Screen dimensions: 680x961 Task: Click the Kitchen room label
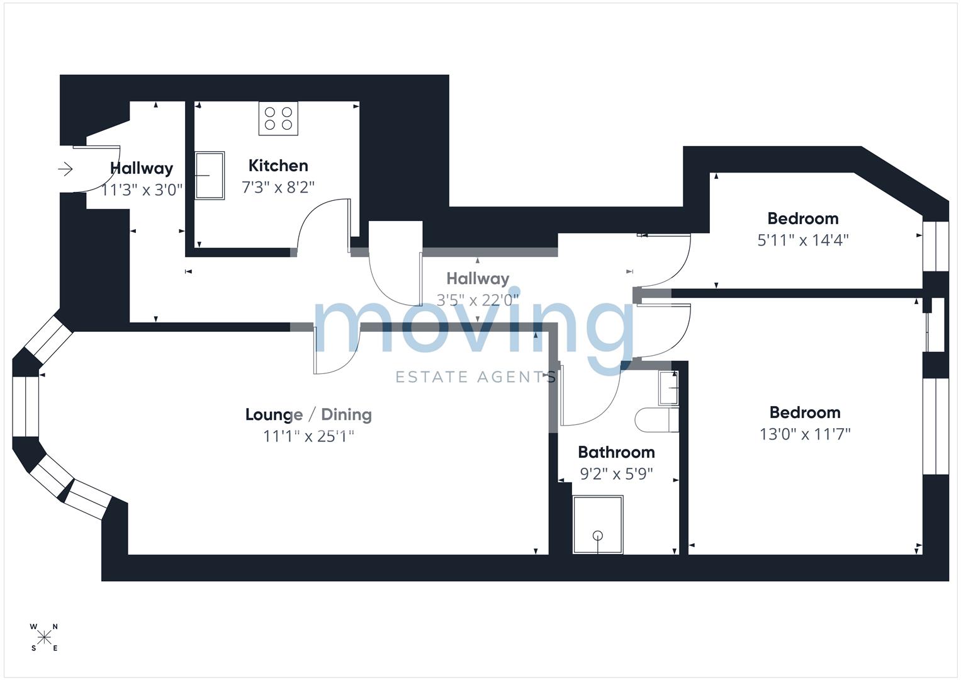(278, 166)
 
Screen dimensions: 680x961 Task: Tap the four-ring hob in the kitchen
(278, 118)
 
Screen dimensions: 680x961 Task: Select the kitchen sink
(210, 176)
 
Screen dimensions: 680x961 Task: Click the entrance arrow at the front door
(65, 169)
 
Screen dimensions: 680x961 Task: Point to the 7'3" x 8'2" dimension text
(278, 187)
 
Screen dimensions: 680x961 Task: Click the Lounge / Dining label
(308, 414)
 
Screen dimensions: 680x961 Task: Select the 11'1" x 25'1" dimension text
(308, 436)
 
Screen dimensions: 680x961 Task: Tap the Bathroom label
(616, 452)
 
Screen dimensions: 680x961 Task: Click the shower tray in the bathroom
(598, 524)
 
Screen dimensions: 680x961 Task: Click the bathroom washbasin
(668, 388)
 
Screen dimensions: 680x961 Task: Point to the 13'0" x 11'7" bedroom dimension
(805, 434)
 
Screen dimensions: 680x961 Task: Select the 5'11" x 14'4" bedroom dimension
(803, 240)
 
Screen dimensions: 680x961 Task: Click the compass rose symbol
(44, 637)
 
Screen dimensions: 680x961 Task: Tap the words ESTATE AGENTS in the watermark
(476, 377)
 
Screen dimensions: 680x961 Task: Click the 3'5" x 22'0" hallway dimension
(478, 300)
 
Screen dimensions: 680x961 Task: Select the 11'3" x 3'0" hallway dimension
(142, 190)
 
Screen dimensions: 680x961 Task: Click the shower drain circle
(598, 536)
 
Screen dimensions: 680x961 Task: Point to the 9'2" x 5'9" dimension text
(616, 473)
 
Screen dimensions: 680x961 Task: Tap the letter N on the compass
(55, 626)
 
